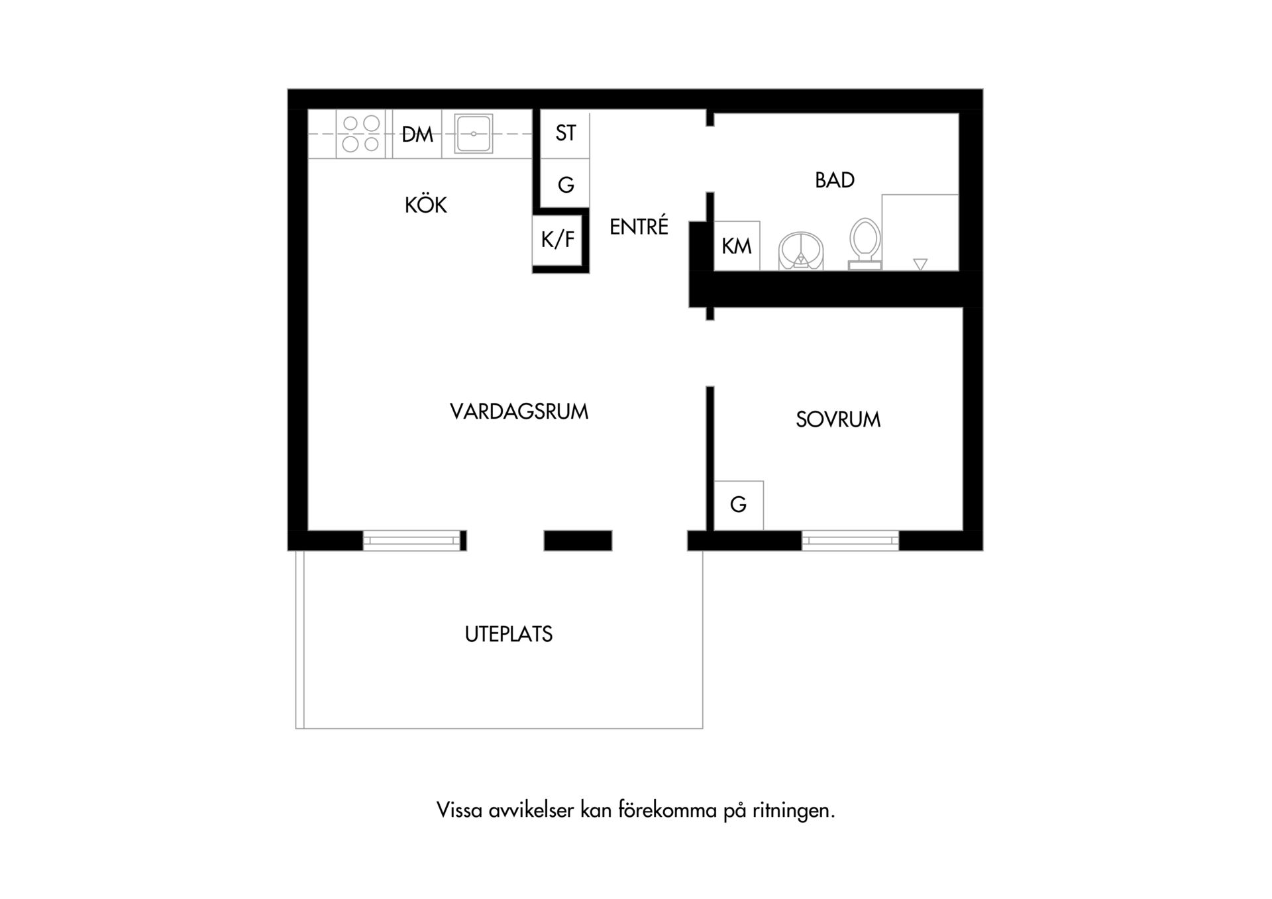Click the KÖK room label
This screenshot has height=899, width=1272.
[x=425, y=205]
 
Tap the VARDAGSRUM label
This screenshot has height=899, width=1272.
[x=519, y=411]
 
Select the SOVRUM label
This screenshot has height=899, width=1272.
[x=838, y=419]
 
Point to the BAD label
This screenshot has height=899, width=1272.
[x=835, y=180]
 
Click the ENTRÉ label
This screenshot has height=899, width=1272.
[x=639, y=226]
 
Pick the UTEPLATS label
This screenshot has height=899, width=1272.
[x=509, y=634]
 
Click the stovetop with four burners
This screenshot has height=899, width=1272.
[x=361, y=134]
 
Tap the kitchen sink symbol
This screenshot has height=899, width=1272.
[x=474, y=134]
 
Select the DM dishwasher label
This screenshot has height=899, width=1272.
[x=417, y=134]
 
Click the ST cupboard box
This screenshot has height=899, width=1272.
[x=565, y=134]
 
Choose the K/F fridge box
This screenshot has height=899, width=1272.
[x=557, y=239]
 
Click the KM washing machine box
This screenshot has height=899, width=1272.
[x=737, y=246]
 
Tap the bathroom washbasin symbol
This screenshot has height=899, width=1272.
[x=802, y=251]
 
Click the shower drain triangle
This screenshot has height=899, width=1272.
[x=920, y=264]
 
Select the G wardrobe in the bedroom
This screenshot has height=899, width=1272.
[x=739, y=505]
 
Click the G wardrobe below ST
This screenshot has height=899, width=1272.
[x=565, y=184]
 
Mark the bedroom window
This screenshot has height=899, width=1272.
[x=850, y=541]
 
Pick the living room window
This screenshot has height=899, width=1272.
[x=412, y=541]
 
